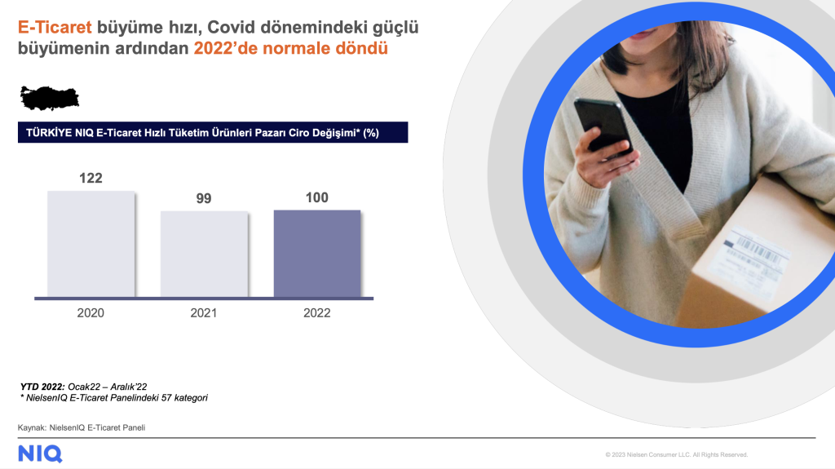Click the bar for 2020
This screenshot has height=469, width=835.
pyautogui.click(x=91, y=244)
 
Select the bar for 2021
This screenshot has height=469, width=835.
pyautogui.click(x=204, y=254)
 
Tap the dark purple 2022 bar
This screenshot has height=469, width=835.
pyautogui.click(x=317, y=254)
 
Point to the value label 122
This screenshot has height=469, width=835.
pyautogui.click(x=91, y=178)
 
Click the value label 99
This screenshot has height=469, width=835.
pyautogui.click(x=203, y=198)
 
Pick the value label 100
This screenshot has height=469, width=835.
pyautogui.click(x=317, y=197)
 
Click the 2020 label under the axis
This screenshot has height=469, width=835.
pyautogui.click(x=91, y=313)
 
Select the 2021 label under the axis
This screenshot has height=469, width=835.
pyautogui.click(x=203, y=313)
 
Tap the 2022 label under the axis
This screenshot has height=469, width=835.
pyautogui.click(x=317, y=313)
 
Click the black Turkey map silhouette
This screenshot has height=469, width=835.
pyautogui.click(x=50, y=98)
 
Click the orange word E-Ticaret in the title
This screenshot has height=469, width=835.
pyautogui.click(x=55, y=27)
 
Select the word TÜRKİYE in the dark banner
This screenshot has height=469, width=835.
pyautogui.click(x=49, y=133)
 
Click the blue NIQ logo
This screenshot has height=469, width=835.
pyautogui.click(x=41, y=454)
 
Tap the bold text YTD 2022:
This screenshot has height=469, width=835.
pyautogui.click(x=42, y=387)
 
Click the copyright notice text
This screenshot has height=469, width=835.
pyautogui.click(x=676, y=454)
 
